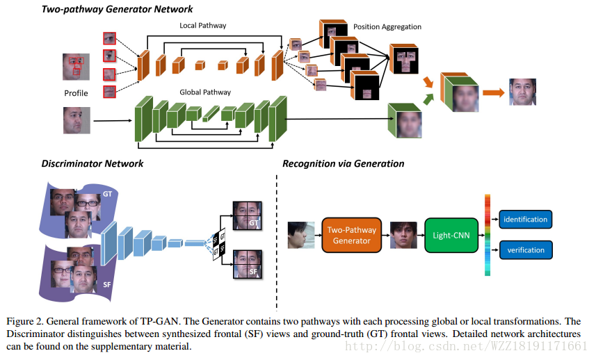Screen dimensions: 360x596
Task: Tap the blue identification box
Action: click(525, 220)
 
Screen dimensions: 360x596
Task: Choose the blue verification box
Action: click(525, 249)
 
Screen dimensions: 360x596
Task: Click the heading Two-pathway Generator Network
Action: click(118, 9)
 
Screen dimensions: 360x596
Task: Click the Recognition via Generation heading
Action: click(343, 164)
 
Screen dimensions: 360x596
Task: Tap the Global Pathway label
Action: click(205, 92)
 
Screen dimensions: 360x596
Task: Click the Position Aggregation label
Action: click(387, 27)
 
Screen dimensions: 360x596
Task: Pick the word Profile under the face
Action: click(76, 93)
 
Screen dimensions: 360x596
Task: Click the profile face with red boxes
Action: click(76, 67)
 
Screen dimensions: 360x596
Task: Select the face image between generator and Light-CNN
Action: click(403, 234)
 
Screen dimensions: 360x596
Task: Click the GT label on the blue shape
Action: click(107, 193)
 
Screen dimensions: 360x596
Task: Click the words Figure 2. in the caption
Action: click(25, 321)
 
